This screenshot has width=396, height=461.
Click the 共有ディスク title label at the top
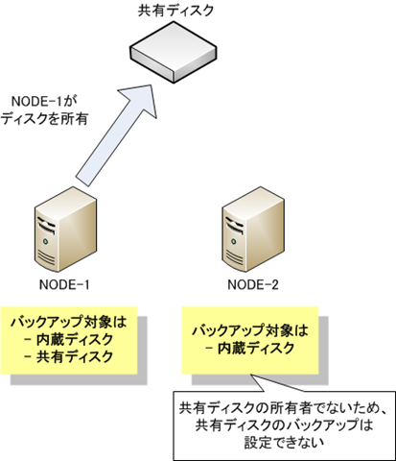(175, 11)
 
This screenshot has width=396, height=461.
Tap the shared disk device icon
(174, 52)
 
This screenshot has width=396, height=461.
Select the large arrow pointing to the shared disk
(116, 135)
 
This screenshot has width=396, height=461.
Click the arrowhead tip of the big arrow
(151, 85)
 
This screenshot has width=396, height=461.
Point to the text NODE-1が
(44, 101)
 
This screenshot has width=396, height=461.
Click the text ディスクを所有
(44, 119)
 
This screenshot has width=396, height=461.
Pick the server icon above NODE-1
(65, 230)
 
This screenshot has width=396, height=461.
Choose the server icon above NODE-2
(253, 230)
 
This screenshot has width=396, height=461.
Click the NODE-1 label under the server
(64, 284)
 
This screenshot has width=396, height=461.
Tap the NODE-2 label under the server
(253, 284)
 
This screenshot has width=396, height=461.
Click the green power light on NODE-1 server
(46, 241)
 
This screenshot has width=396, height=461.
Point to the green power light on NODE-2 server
(234, 241)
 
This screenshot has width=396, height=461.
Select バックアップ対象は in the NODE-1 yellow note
(69, 322)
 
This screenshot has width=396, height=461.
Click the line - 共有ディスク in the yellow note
(69, 356)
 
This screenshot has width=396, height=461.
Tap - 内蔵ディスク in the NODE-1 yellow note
(69, 339)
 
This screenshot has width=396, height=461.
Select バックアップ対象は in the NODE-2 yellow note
(250, 330)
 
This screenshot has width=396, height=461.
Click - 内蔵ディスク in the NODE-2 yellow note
(250, 348)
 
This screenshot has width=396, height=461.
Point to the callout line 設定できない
(284, 443)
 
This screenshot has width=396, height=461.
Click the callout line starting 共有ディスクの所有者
(284, 408)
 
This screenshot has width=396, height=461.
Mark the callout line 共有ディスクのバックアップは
(284, 425)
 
